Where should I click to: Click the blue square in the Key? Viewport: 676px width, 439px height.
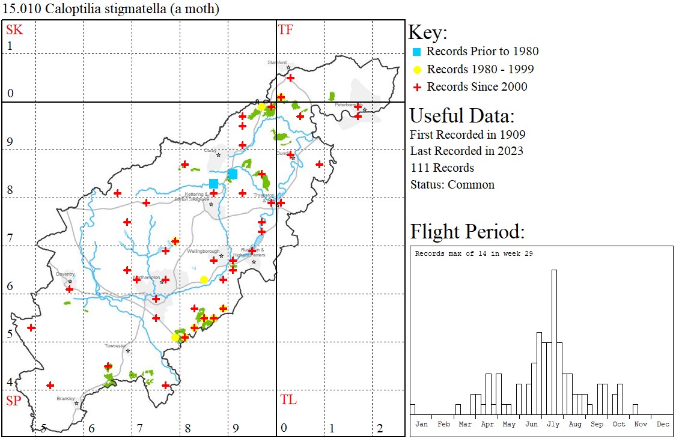tap(416, 52)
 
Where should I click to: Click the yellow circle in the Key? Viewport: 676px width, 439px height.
tap(416, 70)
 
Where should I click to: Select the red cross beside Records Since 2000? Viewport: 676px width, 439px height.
tap(416, 87)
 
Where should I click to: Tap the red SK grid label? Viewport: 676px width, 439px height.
tap(14, 30)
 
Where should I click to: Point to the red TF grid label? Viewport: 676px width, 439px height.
tap(285, 30)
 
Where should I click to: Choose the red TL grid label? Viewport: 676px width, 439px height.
tap(288, 400)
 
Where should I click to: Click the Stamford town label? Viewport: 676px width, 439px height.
tap(277, 62)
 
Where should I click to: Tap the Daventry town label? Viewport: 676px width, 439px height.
tap(65, 274)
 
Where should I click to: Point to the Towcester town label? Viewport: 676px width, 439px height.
tap(115, 346)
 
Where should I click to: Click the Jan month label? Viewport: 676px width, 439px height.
tap(422, 424)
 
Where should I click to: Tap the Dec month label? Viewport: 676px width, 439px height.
tap(663, 424)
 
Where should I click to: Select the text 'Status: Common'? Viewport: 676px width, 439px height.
tap(452, 185)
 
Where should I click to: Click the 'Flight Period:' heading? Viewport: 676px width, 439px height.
tap(467, 232)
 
